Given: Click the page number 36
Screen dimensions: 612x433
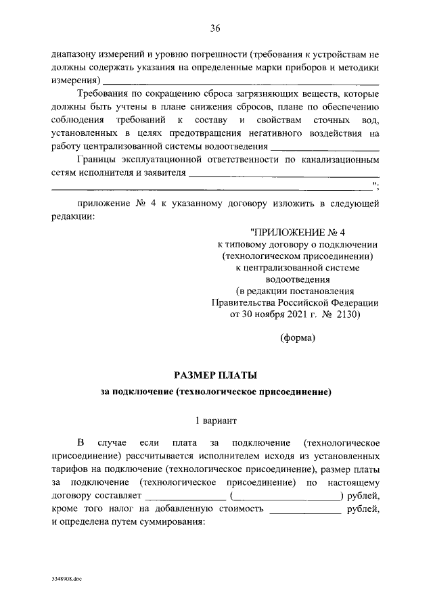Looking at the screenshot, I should tap(216, 28).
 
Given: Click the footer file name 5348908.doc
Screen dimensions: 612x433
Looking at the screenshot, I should tap(66, 580).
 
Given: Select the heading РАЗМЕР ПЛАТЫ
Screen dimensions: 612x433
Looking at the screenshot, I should tap(216, 374).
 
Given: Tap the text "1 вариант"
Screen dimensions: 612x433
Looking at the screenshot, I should tap(216, 420).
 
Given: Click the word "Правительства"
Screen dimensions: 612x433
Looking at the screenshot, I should tap(245, 302).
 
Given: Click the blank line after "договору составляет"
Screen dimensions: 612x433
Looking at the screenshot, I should tap(185, 498).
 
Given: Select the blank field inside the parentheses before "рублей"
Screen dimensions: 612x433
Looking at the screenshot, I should tap(288, 498).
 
